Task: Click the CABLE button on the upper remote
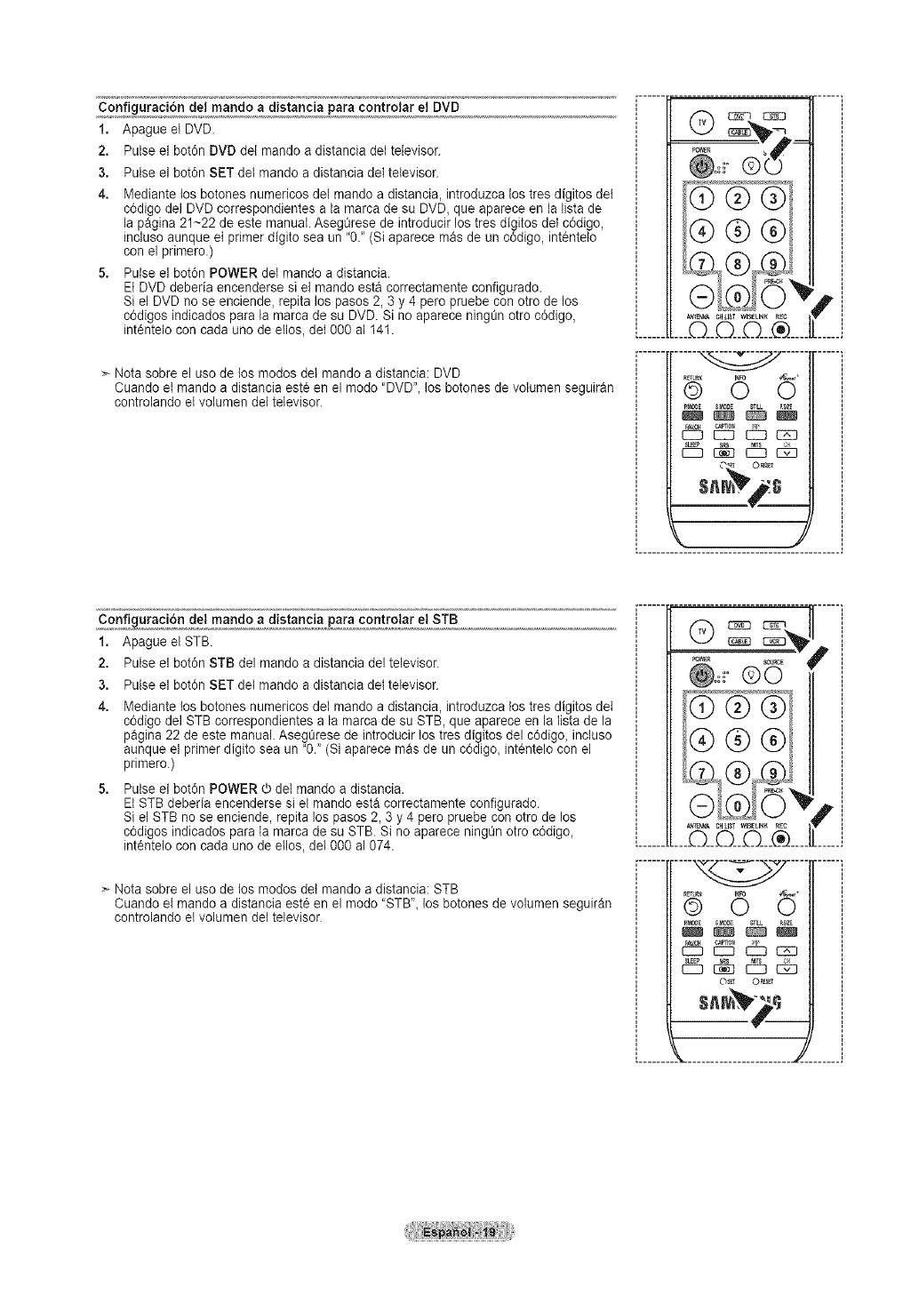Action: click(x=739, y=132)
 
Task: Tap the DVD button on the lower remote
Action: click(x=739, y=625)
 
